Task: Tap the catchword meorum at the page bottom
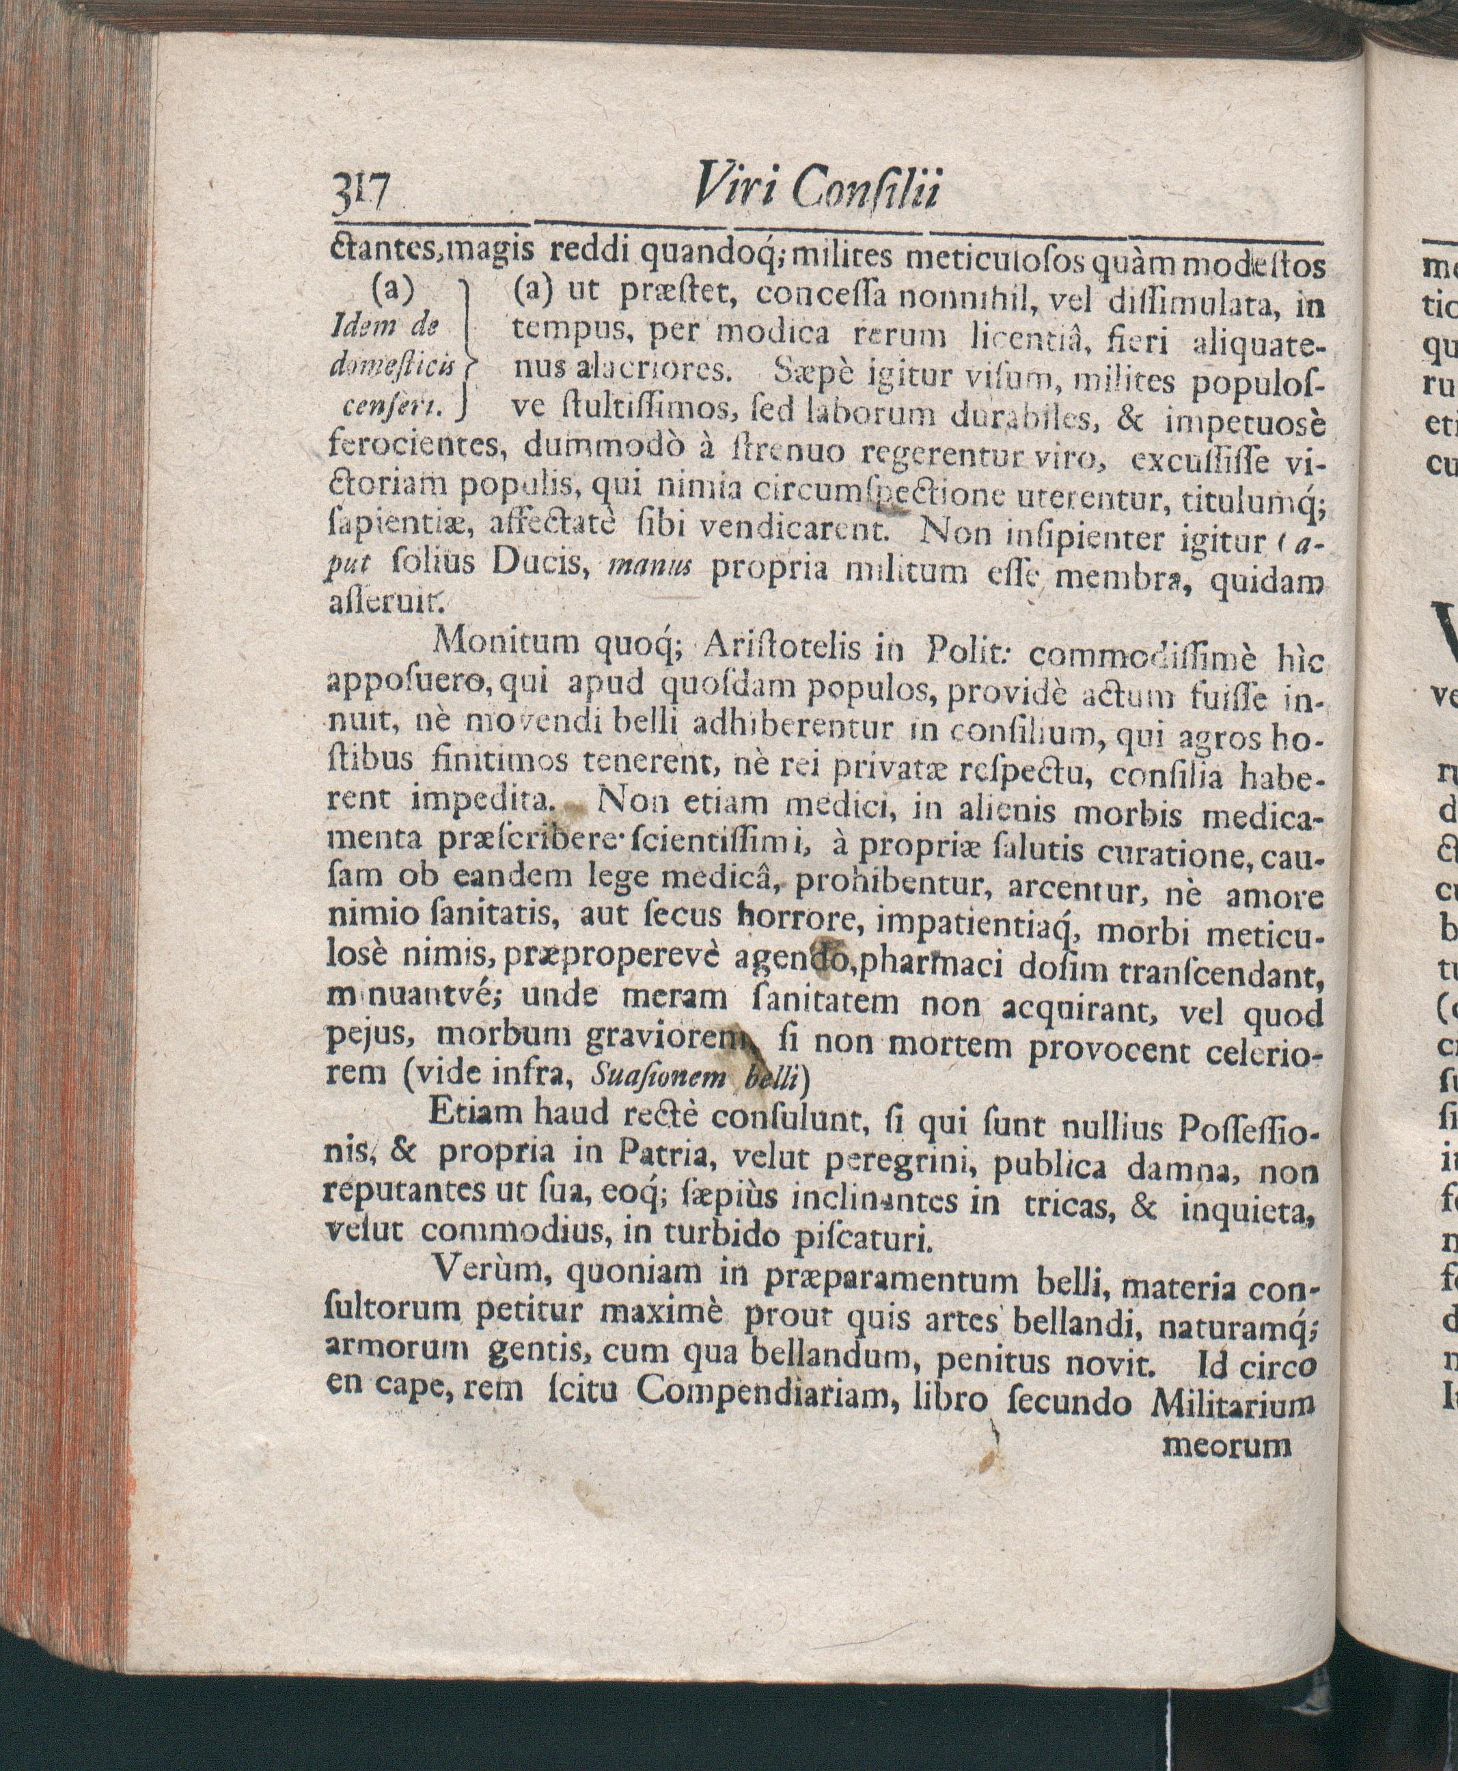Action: (1226, 1445)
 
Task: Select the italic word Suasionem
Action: (658, 1078)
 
